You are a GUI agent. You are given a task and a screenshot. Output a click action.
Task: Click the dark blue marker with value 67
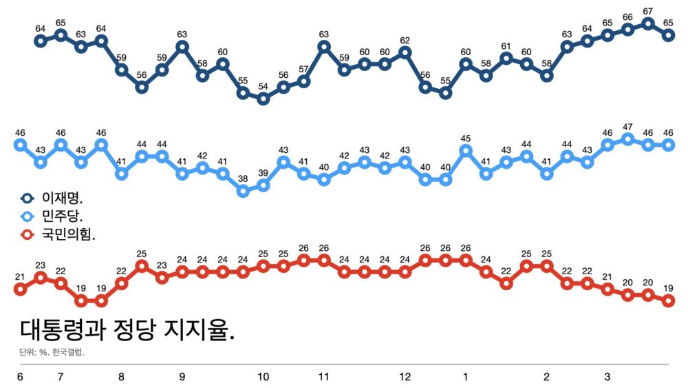pos(648,23)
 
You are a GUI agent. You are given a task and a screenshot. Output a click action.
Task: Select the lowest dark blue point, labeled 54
pos(263,99)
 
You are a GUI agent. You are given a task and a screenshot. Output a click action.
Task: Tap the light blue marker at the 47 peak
pos(627,139)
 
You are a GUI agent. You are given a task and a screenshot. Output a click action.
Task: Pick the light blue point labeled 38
pos(243,191)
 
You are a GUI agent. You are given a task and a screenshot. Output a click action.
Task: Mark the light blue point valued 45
pos(466,150)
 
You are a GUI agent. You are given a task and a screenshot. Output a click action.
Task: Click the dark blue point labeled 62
pos(405,52)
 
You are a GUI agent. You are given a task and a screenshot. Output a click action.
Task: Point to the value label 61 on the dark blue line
pos(506,46)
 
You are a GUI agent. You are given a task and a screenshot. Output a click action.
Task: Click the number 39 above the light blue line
pos(263,172)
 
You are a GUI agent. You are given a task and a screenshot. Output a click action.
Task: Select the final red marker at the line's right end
pos(668,300)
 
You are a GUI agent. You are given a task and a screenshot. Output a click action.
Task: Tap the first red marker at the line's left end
pos(20,289)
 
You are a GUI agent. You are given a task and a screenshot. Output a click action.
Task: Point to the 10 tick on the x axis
pos(263,377)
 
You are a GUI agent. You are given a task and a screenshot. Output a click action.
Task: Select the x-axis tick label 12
pos(405,377)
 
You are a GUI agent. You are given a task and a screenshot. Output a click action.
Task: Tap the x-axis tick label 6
pos(20,377)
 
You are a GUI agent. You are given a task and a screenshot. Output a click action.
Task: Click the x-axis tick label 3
pos(608,377)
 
